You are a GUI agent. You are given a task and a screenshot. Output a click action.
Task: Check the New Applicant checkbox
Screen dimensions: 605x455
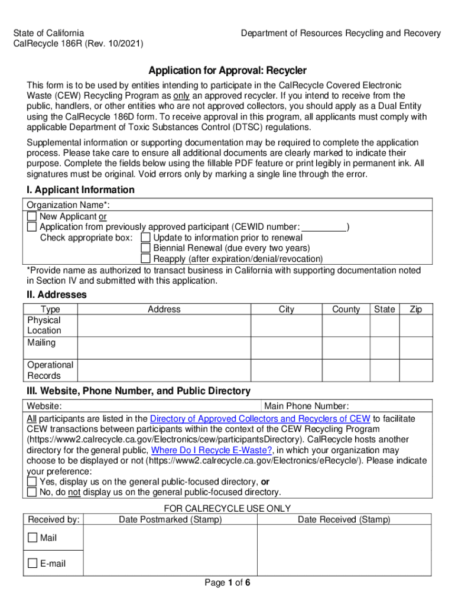point(32,217)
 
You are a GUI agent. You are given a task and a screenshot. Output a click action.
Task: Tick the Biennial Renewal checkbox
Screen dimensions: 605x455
point(145,248)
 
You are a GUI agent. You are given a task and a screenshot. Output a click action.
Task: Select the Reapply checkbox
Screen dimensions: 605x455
point(145,259)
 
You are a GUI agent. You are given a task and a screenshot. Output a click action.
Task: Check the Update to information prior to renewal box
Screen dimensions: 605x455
point(145,238)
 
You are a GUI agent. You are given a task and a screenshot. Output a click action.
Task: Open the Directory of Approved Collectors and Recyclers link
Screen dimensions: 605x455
point(261,419)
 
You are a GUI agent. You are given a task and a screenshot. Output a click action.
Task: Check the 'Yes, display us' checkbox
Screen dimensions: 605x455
point(32,482)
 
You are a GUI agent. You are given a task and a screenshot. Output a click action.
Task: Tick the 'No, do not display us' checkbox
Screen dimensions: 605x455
point(32,492)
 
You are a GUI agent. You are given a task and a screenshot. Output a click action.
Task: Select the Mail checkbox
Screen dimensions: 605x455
point(32,538)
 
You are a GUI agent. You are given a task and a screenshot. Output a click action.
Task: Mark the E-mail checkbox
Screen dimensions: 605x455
point(32,564)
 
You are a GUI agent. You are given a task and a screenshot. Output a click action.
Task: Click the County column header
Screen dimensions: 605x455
point(346,310)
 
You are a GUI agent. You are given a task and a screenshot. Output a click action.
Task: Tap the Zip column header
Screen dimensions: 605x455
point(416,310)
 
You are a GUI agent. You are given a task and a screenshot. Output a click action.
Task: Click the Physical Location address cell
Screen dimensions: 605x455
point(164,325)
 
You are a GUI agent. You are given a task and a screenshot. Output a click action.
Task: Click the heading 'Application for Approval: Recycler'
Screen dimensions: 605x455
point(227,71)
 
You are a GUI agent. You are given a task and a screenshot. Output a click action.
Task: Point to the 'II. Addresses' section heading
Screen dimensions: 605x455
point(56,294)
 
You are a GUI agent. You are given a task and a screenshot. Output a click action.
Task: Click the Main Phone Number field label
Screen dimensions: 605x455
point(306,406)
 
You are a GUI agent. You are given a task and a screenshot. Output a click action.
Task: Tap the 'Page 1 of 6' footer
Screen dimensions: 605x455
point(227,583)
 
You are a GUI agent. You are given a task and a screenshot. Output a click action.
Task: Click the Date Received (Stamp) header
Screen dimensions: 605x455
point(344,519)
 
